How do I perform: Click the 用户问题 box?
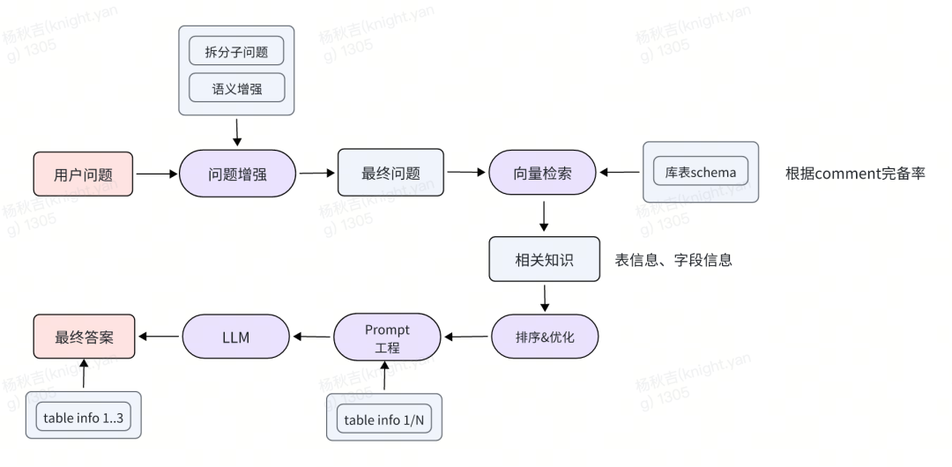tap(84, 174)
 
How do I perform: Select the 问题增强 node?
tap(237, 173)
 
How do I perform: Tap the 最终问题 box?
tap(390, 173)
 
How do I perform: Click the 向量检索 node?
tap(542, 173)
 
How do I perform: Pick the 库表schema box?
tap(701, 172)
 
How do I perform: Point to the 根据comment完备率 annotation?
tap(855, 173)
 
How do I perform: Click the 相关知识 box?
tap(544, 259)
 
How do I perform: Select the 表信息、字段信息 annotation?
tap(673, 260)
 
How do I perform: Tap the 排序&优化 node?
tap(544, 336)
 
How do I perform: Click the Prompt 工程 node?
tap(387, 337)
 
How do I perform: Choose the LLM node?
tap(236, 337)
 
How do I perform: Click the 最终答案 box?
tap(84, 337)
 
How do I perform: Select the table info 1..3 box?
tap(84, 418)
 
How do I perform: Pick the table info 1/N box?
tap(385, 419)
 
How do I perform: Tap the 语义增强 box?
tap(236, 87)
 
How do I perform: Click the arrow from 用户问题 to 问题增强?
tap(157, 174)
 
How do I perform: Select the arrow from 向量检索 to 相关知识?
tap(544, 217)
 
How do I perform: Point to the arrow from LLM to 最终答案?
tap(159, 337)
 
